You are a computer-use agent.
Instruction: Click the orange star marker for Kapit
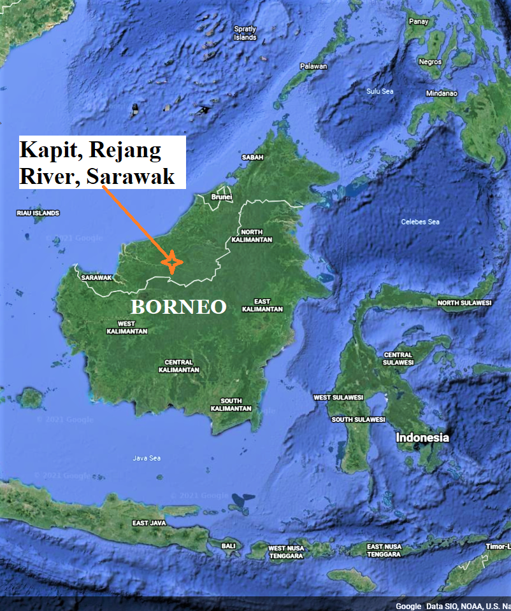point(171,262)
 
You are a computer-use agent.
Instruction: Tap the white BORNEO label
point(178,307)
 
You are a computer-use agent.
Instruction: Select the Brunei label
point(222,197)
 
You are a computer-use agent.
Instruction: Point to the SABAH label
point(252,157)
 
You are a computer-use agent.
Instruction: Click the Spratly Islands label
point(245,33)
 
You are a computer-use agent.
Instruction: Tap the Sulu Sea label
point(380,92)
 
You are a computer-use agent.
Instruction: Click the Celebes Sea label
point(421,222)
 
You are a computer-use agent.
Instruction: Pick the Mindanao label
point(442,94)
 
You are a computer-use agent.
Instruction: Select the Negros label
point(430,62)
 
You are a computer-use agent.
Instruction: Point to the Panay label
point(419,22)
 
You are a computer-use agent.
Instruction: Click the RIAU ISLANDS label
point(38,213)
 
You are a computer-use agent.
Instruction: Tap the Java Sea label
point(147,458)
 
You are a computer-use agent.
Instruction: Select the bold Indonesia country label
point(422,438)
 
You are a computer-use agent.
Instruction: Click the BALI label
point(228,546)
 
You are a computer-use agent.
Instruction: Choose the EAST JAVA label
point(149,523)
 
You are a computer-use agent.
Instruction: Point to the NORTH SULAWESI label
point(464,303)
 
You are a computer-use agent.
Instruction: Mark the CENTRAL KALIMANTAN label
point(178,366)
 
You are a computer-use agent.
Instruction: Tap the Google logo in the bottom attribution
point(408,606)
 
